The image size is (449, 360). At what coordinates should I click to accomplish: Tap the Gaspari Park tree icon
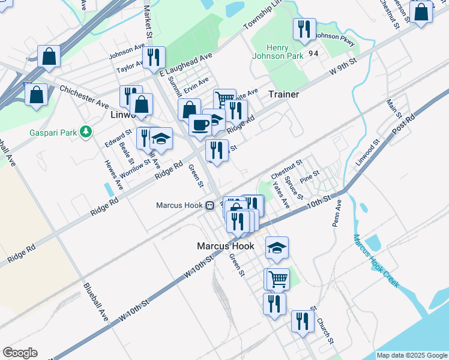(86, 130)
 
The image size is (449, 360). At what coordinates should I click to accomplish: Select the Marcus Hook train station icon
(210, 205)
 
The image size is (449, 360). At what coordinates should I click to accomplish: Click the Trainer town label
(283, 94)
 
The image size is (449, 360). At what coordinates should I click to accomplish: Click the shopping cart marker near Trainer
(224, 99)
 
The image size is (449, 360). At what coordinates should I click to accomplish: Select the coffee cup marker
(200, 125)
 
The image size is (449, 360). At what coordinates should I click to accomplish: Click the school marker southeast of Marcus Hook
(277, 247)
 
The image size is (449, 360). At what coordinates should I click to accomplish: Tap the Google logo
(20, 353)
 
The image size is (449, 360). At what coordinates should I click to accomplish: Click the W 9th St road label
(344, 67)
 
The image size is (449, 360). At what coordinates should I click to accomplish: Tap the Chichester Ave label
(84, 97)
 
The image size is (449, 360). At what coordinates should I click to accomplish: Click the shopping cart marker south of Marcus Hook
(277, 278)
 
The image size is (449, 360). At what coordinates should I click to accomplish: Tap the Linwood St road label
(367, 153)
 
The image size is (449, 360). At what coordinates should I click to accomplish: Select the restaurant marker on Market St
(154, 58)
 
